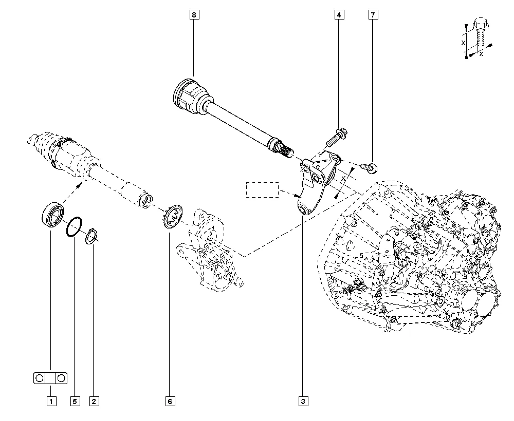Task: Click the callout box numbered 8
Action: coord(194,15)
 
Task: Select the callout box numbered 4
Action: coord(339,15)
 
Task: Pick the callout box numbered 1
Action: coord(51,401)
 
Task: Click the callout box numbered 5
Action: coord(74,401)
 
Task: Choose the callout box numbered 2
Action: coord(94,401)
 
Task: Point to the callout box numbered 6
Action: coord(169,401)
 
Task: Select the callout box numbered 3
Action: coord(303,401)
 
